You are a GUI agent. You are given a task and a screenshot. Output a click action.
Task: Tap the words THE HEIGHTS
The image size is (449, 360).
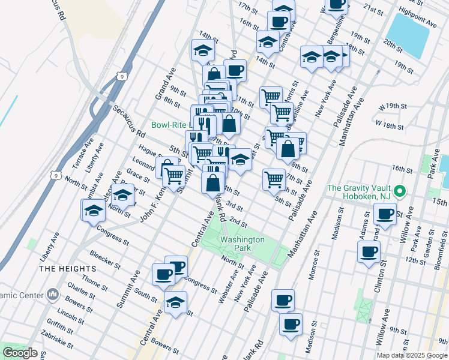(x=65, y=269)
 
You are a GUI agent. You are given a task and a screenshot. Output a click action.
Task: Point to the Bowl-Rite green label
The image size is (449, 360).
(x=170, y=125)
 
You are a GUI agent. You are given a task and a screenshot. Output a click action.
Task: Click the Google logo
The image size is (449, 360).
(x=20, y=353)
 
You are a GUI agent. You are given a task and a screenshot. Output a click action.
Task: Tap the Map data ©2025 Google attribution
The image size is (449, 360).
(x=412, y=355)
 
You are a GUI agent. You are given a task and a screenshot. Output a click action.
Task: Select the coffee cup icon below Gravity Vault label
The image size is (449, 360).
(x=385, y=214)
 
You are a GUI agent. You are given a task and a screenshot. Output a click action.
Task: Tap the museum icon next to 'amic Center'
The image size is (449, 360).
(x=52, y=295)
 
